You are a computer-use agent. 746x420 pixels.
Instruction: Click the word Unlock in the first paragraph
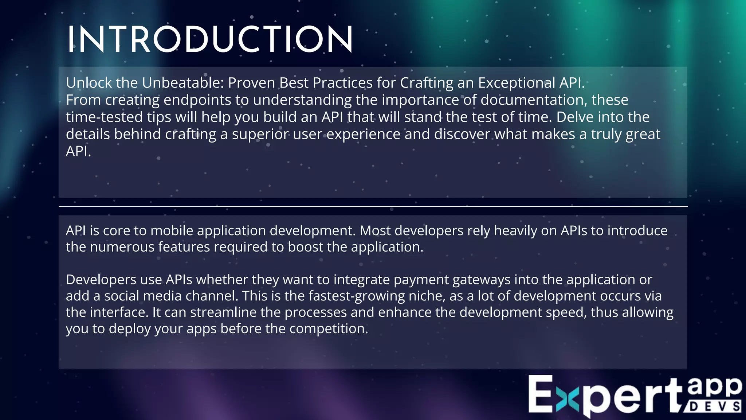pos(89,83)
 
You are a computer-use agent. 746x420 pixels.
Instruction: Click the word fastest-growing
pos(356,296)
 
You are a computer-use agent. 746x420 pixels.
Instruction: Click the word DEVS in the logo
pos(714,407)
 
